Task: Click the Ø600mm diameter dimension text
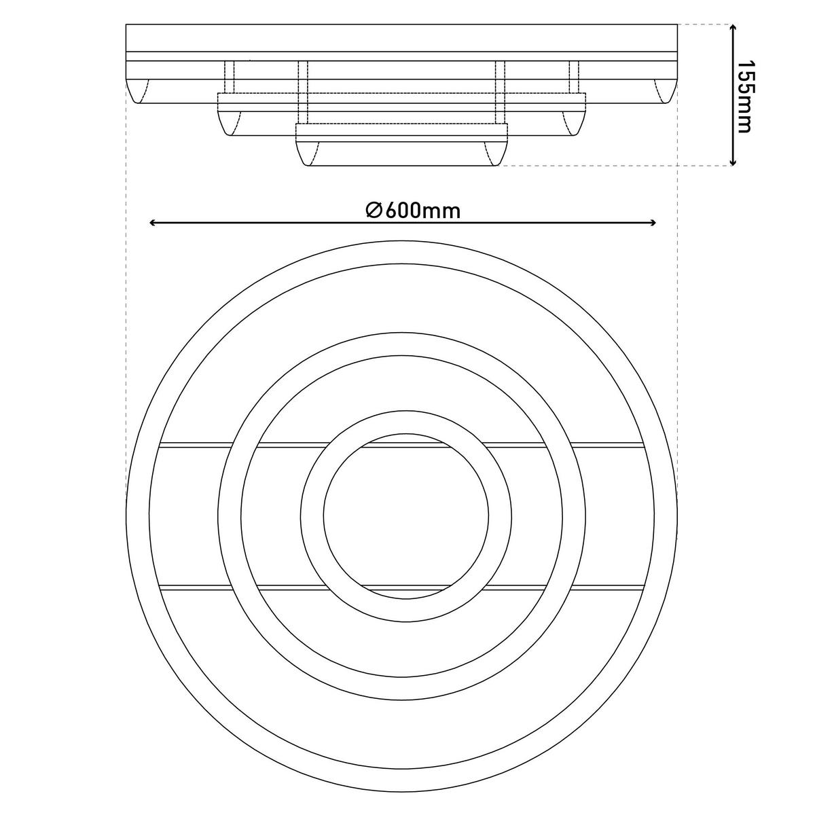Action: (x=413, y=210)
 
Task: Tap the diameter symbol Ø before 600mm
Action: (x=375, y=210)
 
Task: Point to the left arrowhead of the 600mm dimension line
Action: (x=153, y=223)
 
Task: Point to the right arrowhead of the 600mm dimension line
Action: (x=652, y=223)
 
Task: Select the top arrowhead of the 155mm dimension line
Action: (x=733, y=28)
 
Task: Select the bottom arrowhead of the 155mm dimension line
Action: (x=733, y=162)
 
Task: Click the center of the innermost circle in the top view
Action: (x=405, y=515)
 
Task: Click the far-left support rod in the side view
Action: (x=229, y=77)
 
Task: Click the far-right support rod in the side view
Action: (x=575, y=77)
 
